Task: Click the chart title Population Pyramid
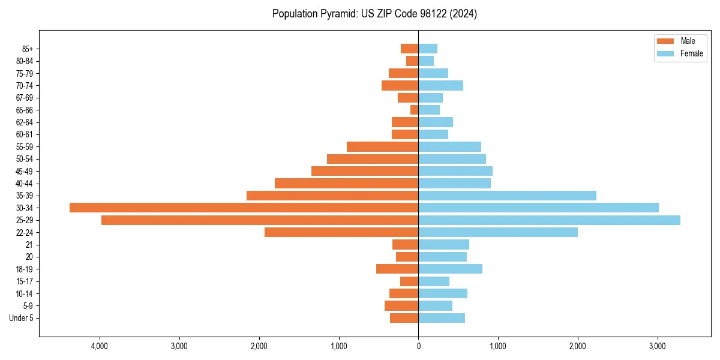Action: click(x=374, y=14)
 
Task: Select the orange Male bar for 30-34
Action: click(x=244, y=208)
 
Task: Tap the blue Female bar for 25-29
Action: click(x=549, y=220)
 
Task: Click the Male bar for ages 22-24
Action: click(x=341, y=232)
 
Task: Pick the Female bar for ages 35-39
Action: click(x=507, y=196)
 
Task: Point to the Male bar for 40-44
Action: click(x=346, y=183)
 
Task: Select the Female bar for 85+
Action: click(x=428, y=49)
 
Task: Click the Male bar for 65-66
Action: click(x=414, y=110)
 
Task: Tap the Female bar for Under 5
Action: click(x=442, y=318)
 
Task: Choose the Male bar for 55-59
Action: click(x=382, y=146)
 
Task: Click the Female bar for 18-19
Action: click(x=450, y=269)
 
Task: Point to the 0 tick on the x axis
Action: click(x=418, y=346)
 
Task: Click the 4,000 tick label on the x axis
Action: click(x=100, y=346)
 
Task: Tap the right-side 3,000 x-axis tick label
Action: click(x=658, y=346)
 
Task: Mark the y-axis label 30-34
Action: click(x=25, y=208)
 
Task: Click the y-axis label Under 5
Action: click(x=22, y=318)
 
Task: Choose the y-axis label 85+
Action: click(x=27, y=49)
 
